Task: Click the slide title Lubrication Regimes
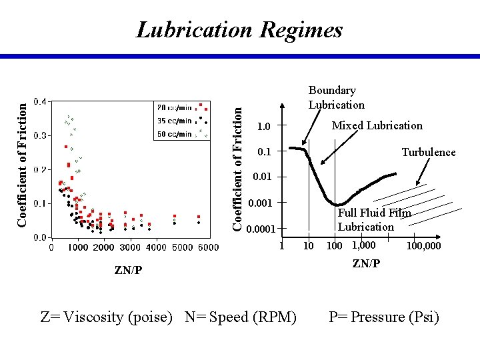(x=239, y=30)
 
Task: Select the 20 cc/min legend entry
(x=175, y=107)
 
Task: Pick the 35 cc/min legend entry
(x=175, y=121)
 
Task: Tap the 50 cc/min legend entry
(x=175, y=135)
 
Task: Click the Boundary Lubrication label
(x=336, y=97)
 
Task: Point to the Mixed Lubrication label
(x=377, y=125)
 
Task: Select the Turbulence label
(x=428, y=152)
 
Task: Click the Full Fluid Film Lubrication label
(x=373, y=219)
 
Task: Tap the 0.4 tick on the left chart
(x=41, y=101)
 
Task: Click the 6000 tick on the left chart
(x=208, y=247)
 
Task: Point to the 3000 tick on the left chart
(x=130, y=247)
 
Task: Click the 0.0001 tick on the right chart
(x=261, y=230)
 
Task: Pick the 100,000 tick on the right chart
(x=423, y=246)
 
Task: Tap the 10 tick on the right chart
(x=308, y=246)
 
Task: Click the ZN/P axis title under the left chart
(x=127, y=270)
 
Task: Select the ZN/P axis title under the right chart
(x=366, y=263)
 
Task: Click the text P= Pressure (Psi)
(x=384, y=317)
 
